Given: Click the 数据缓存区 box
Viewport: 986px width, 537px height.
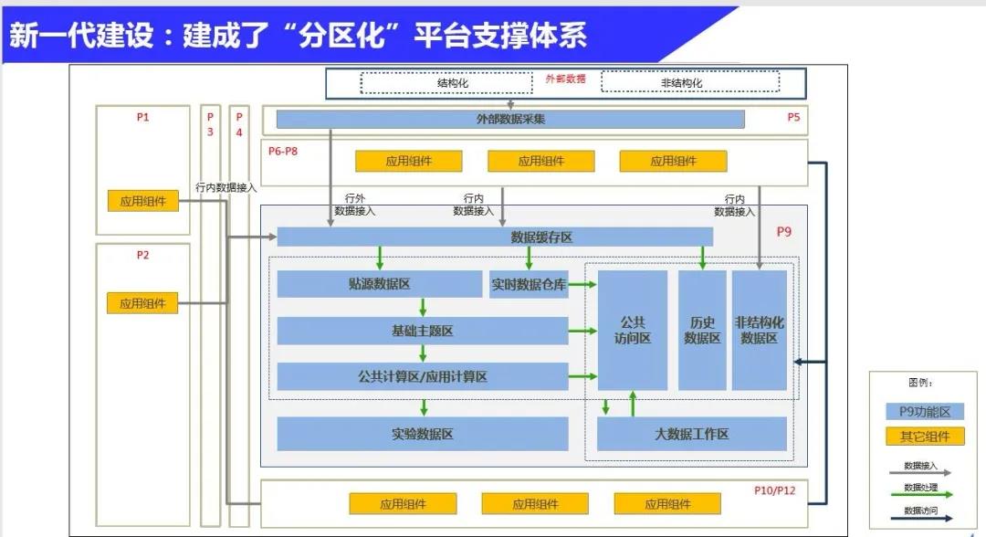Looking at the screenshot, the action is [495, 237].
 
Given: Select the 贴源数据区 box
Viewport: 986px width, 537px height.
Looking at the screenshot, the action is [379, 284].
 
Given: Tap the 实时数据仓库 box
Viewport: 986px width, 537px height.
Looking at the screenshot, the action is [529, 284].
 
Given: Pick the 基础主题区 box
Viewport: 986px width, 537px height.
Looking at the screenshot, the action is [423, 331].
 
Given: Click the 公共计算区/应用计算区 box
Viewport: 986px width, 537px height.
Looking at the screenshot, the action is [423, 376].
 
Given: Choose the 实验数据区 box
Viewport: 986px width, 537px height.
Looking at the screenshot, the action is [423, 434].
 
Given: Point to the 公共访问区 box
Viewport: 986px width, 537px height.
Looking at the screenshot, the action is [632, 330].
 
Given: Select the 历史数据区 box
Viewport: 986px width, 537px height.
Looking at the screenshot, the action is [702, 330].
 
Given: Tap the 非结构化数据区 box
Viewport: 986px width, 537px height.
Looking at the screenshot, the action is [759, 330].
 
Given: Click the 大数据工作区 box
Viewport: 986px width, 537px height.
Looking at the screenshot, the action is [692, 434].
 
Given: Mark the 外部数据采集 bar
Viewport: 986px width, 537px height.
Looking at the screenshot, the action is [510, 119].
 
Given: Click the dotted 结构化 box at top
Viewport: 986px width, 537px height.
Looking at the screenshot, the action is [446, 83].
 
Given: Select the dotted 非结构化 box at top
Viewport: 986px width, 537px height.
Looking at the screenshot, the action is [690, 82].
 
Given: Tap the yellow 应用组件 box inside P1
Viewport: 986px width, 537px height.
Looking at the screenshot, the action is [142, 201].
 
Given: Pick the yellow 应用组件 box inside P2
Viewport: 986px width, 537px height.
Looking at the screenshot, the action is [142, 303].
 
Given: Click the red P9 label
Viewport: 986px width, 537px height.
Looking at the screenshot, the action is [783, 231].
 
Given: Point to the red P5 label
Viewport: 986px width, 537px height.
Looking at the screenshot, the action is [793, 117].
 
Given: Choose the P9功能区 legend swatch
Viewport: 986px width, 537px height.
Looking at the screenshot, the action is [924, 412].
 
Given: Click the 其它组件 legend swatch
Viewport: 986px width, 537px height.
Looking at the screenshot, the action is [924, 437].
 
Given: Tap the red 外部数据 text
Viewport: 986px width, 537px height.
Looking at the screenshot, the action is [565, 79].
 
